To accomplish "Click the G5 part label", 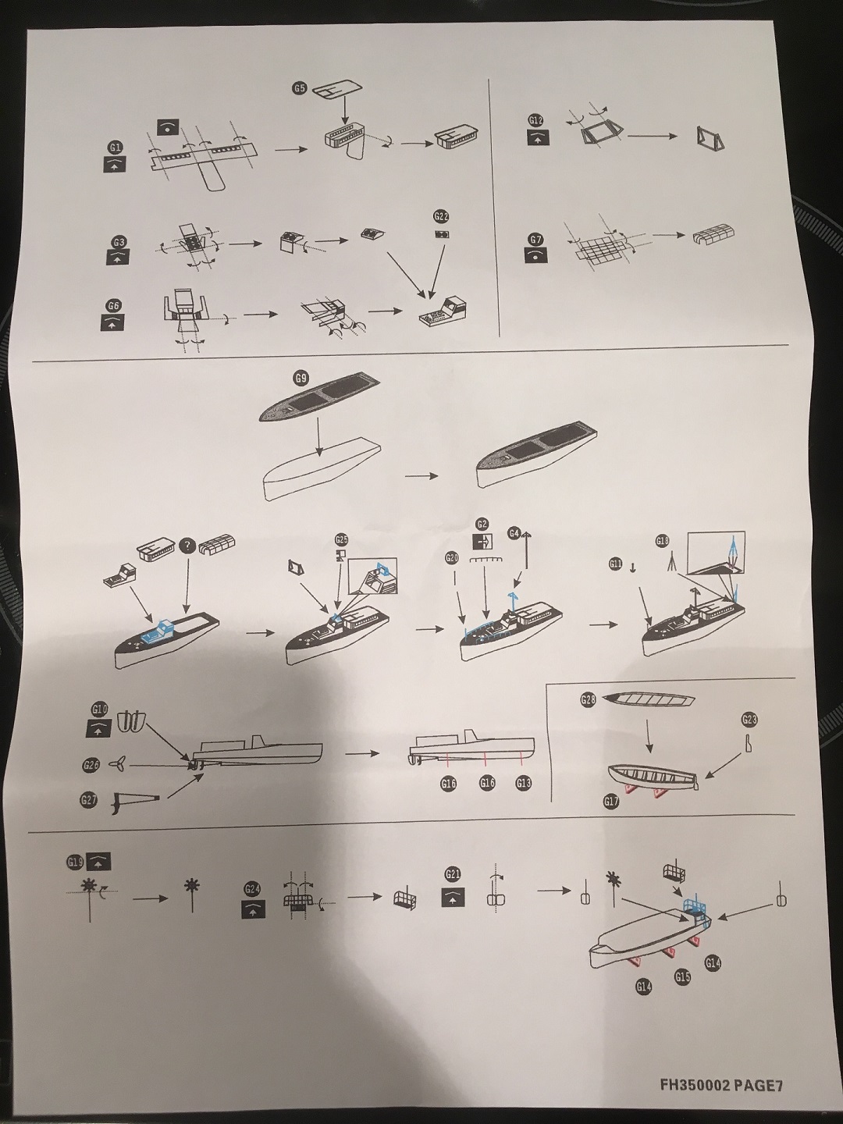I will pyautogui.click(x=299, y=89).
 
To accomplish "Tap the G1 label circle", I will pyautogui.click(x=116, y=148).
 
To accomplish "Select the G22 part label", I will pyautogui.click(x=440, y=216).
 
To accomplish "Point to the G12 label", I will pyautogui.click(x=535, y=121).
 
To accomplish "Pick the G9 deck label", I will pyautogui.click(x=301, y=379).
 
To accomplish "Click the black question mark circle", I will pyautogui.click(x=187, y=546).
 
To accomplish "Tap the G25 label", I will pyautogui.click(x=342, y=539).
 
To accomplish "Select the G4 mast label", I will pyautogui.click(x=514, y=533).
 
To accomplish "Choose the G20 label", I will pyautogui.click(x=451, y=558).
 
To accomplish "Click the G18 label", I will pyautogui.click(x=663, y=541).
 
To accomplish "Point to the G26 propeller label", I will pyautogui.click(x=91, y=766).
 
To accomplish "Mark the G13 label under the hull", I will pyautogui.click(x=523, y=783).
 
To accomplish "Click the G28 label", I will pyautogui.click(x=588, y=700).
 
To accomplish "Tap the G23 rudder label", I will pyautogui.click(x=750, y=719).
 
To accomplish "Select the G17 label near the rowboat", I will pyautogui.click(x=611, y=802).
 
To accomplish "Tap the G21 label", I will pyautogui.click(x=452, y=874).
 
